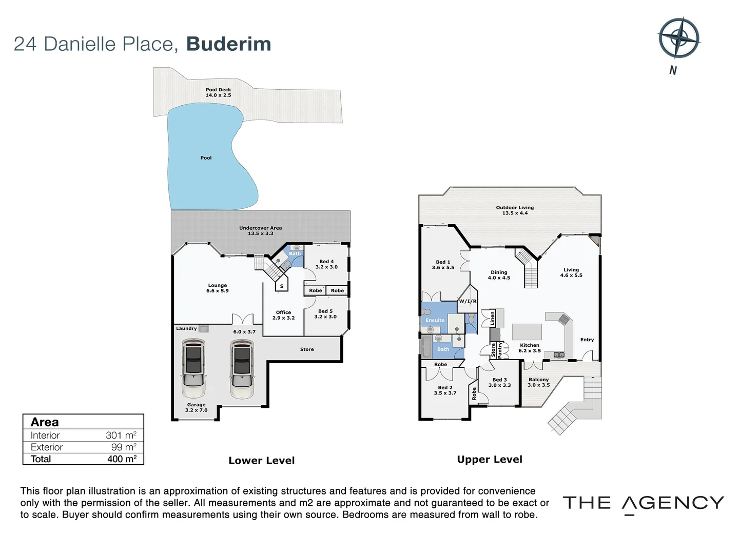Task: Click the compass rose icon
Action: (x=678, y=38)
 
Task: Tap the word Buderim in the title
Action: (x=228, y=44)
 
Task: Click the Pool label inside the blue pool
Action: (x=206, y=158)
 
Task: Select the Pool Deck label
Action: (x=218, y=92)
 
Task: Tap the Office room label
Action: (x=283, y=315)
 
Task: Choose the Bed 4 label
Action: (x=326, y=264)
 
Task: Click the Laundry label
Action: (x=186, y=328)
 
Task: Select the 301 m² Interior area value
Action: (x=121, y=436)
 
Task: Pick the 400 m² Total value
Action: (x=122, y=459)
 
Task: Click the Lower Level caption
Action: (x=262, y=461)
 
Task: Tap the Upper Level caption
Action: (x=490, y=460)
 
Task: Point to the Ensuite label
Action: (x=435, y=320)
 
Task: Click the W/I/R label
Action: (x=468, y=302)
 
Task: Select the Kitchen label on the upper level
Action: (x=530, y=348)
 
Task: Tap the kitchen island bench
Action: (x=527, y=331)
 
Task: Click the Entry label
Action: (x=587, y=340)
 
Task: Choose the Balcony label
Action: (x=538, y=382)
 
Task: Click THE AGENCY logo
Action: (x=644, y=503)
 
